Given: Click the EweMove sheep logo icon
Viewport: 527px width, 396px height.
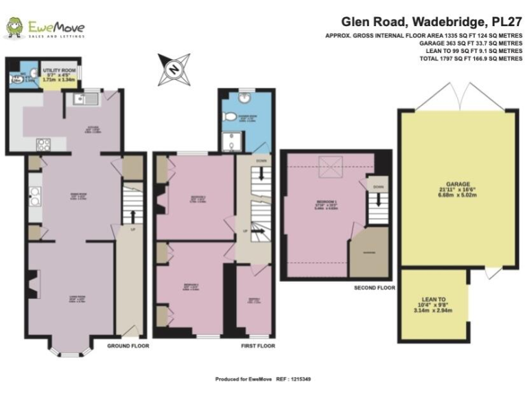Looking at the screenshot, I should click(15, 27).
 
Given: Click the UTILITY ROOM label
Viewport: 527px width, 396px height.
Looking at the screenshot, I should click(58, 70).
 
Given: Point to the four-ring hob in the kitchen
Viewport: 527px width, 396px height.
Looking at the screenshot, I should click(43, 145).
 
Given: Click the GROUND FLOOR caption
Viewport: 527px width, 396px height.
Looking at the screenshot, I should click(128, 346).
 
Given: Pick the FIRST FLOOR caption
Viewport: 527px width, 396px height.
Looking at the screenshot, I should click(257, 346).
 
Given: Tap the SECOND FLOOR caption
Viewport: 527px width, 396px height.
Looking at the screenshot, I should click(375, 287).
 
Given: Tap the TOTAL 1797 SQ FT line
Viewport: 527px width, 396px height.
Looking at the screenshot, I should click(471, 59).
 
